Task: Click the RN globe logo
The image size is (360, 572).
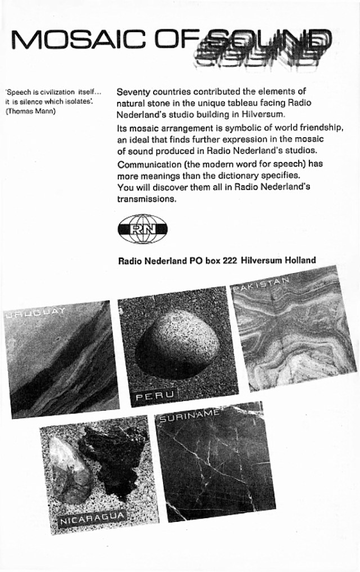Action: click(142, 229)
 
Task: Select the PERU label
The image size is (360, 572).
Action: click(153, 398)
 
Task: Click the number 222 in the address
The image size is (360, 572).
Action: click(228, 260)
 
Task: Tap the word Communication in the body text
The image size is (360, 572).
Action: click(147, 164)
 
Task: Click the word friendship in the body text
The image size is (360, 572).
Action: click(321, 129)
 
